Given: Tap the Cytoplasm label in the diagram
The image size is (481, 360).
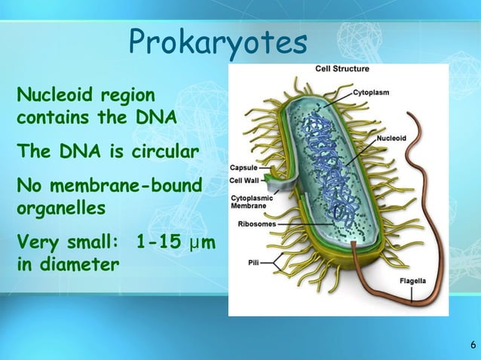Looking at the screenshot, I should pos(371,93).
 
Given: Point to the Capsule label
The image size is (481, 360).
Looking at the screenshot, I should pos(244,168).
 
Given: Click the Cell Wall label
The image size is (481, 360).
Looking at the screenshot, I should pos(244,181).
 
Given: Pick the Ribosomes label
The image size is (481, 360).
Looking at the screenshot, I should pos(256,224).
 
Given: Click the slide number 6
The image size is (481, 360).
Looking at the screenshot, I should pos(472,346).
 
